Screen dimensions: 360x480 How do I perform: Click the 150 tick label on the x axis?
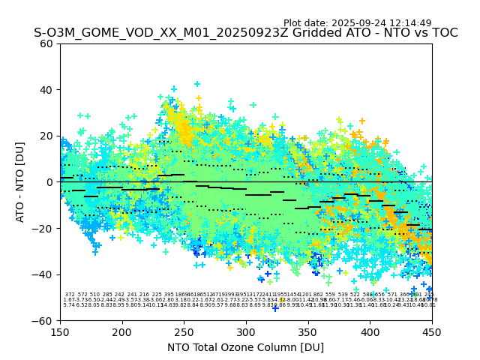60,331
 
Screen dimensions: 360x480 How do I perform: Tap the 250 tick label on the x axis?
184,331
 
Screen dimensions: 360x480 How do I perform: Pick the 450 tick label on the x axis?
432,331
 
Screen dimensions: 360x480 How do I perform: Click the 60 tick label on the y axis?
46,43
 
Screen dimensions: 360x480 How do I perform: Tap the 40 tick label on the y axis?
46,90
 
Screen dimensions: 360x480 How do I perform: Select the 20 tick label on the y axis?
46,136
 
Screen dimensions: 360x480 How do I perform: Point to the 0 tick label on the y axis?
49,182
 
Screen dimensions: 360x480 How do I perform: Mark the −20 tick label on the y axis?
43,228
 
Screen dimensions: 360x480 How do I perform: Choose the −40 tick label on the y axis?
43,274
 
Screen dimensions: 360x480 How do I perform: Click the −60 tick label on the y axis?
43,320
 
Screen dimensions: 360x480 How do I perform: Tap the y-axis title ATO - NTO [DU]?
20,182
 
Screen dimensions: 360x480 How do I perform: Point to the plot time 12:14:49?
409,23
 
